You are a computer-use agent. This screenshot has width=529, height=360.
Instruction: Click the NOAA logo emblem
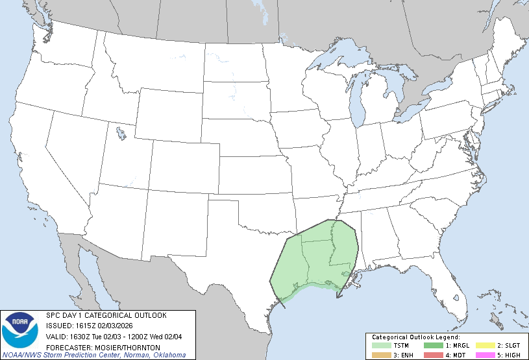[x=19, y=330]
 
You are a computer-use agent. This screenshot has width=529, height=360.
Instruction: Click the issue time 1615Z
[x=86, y=326]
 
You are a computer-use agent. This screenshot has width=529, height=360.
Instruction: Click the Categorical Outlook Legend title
[x=415, y=337]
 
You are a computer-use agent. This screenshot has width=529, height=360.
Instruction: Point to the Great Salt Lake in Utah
[x=121, y=134]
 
